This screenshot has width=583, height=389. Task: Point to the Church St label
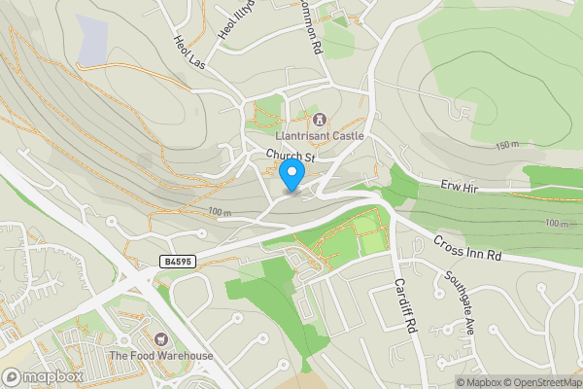[x=291, y=157]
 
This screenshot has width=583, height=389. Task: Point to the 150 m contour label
[x=507, y=146]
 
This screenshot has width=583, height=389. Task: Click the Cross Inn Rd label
[x=466, y=249]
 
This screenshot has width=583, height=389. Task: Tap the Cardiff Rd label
[x=404, y=306]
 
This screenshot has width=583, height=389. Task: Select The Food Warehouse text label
[x=161, y=356]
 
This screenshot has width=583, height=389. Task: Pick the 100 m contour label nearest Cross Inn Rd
[x=555, y=224]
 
